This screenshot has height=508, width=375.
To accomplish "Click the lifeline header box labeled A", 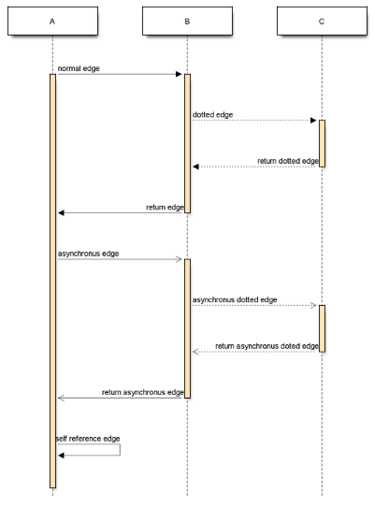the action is click(52, 22).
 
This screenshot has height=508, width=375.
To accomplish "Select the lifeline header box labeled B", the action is click(187, 22).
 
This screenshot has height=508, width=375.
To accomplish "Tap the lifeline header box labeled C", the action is click(323, 22).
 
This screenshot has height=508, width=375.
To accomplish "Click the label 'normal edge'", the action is click(79, 68).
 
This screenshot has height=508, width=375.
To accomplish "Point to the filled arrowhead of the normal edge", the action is click(179, 74).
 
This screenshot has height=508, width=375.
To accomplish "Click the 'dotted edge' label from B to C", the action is click(213, 115).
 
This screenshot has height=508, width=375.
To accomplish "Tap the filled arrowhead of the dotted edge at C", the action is click(313, 121).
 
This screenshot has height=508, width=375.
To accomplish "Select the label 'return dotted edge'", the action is click(288, 161).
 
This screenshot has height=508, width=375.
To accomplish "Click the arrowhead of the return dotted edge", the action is click(195, 167).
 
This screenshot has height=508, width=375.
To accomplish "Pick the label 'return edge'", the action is click(165, 208).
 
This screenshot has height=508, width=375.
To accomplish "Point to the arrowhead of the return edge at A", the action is click(61, 213).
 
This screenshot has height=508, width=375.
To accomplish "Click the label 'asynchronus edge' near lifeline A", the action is click(89, 254).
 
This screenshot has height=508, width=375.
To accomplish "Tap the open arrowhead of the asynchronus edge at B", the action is click(179, 259).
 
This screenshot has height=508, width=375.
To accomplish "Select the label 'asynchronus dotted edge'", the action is click(235, 300).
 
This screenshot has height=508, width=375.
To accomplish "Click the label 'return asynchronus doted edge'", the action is click(267, 346).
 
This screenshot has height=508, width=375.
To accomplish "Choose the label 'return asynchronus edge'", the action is click(143, 392).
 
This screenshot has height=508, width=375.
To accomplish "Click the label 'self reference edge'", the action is click(88, 439).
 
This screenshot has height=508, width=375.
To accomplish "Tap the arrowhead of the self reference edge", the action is click(61, 456).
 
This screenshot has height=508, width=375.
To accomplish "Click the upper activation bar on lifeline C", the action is click(323, 143).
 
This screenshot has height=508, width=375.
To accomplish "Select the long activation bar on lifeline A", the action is click(52, 281).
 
